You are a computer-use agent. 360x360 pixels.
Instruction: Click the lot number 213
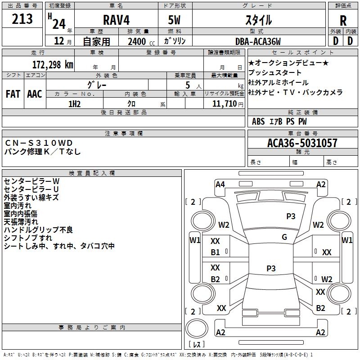point(23,19)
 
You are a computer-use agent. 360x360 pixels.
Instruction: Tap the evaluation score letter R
point(343,20)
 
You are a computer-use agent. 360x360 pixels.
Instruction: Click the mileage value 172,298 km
point(52,64)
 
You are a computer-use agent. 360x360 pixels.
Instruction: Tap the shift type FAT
point(13,94)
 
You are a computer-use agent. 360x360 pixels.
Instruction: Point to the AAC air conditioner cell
point(35,94)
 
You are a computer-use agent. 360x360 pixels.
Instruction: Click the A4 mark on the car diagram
point(220,184)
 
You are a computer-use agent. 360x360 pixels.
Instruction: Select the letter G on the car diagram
point(284,237)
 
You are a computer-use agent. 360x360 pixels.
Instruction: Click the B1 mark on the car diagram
point(216,252)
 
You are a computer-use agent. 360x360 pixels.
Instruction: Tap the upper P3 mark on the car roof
point(291,216)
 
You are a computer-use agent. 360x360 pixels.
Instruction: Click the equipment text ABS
point(258,121)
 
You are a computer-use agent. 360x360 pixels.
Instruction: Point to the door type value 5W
point(175,20)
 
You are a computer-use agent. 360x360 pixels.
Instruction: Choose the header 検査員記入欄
point(92,173)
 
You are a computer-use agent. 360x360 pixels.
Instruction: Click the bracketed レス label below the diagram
point(196,345)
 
